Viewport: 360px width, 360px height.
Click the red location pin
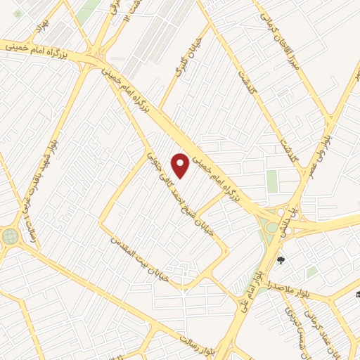[181, 165]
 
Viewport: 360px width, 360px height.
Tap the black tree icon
[281, 262]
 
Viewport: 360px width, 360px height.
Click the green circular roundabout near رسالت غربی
[10, 236]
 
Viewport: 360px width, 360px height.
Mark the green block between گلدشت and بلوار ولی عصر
[271, 181]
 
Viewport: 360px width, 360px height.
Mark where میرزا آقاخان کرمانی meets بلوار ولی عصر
[330, 115]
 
